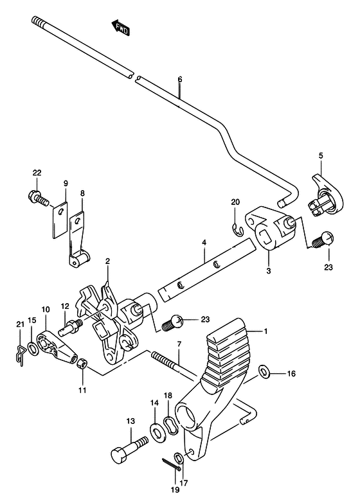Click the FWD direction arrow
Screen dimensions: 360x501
tap(120, 28)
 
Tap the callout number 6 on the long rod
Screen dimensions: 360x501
tap(180, 79)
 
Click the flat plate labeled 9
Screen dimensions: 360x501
tap(60, 220)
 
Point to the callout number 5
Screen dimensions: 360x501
tap(321, 155)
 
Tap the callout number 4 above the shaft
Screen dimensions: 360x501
tap(204, 243)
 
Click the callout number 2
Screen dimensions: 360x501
tap(107, 261)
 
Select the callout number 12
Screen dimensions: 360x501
tap(65, 306)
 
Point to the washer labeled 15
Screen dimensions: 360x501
tap(32, 349)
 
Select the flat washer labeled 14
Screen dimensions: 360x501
tap(157, 433)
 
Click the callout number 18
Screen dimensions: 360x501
tap(168, 396)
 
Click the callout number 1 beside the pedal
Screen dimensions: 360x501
tap(265, 331)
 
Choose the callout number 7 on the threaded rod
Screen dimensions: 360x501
tap(179, 344)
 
